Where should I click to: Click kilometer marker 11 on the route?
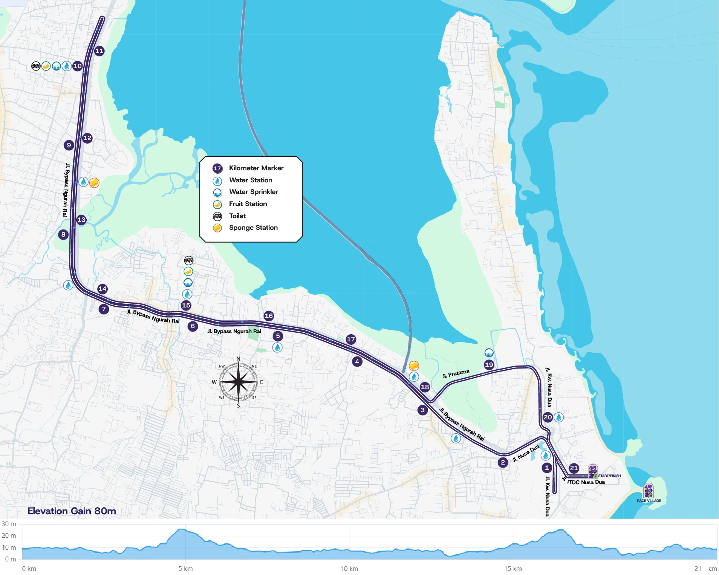click(99, 51)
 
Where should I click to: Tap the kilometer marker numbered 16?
click(269, 316)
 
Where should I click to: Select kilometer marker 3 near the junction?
click(422, 410)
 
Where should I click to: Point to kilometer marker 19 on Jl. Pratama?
click(489, 364)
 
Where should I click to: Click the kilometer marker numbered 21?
click(574, 468)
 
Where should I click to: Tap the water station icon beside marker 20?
click(558, 417)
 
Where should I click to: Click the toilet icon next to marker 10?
click(36, 66)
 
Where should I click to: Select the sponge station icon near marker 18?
click(414, 365)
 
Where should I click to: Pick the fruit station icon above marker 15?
click(188, 271)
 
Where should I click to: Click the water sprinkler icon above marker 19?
click(489, 353)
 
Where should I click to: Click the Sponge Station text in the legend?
click(253, 228)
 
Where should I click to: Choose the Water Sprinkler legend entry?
click(253, 192)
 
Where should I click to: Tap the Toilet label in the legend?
click(237, 216)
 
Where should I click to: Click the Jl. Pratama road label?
click(456, 373)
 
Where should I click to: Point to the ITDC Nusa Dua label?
click(586, 482)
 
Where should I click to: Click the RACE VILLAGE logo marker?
click(649, 491)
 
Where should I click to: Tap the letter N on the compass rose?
click(238, 359)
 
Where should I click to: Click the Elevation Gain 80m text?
click(72, 511)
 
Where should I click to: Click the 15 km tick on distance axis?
click(513, 569)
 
